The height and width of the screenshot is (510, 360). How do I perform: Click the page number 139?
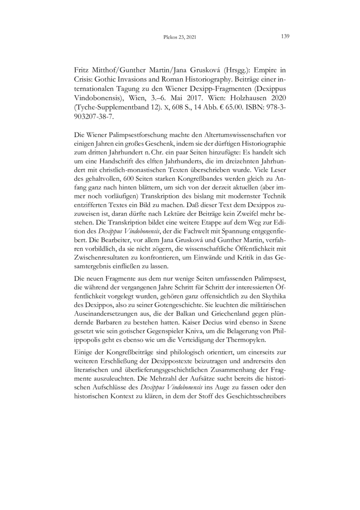point(284,37)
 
